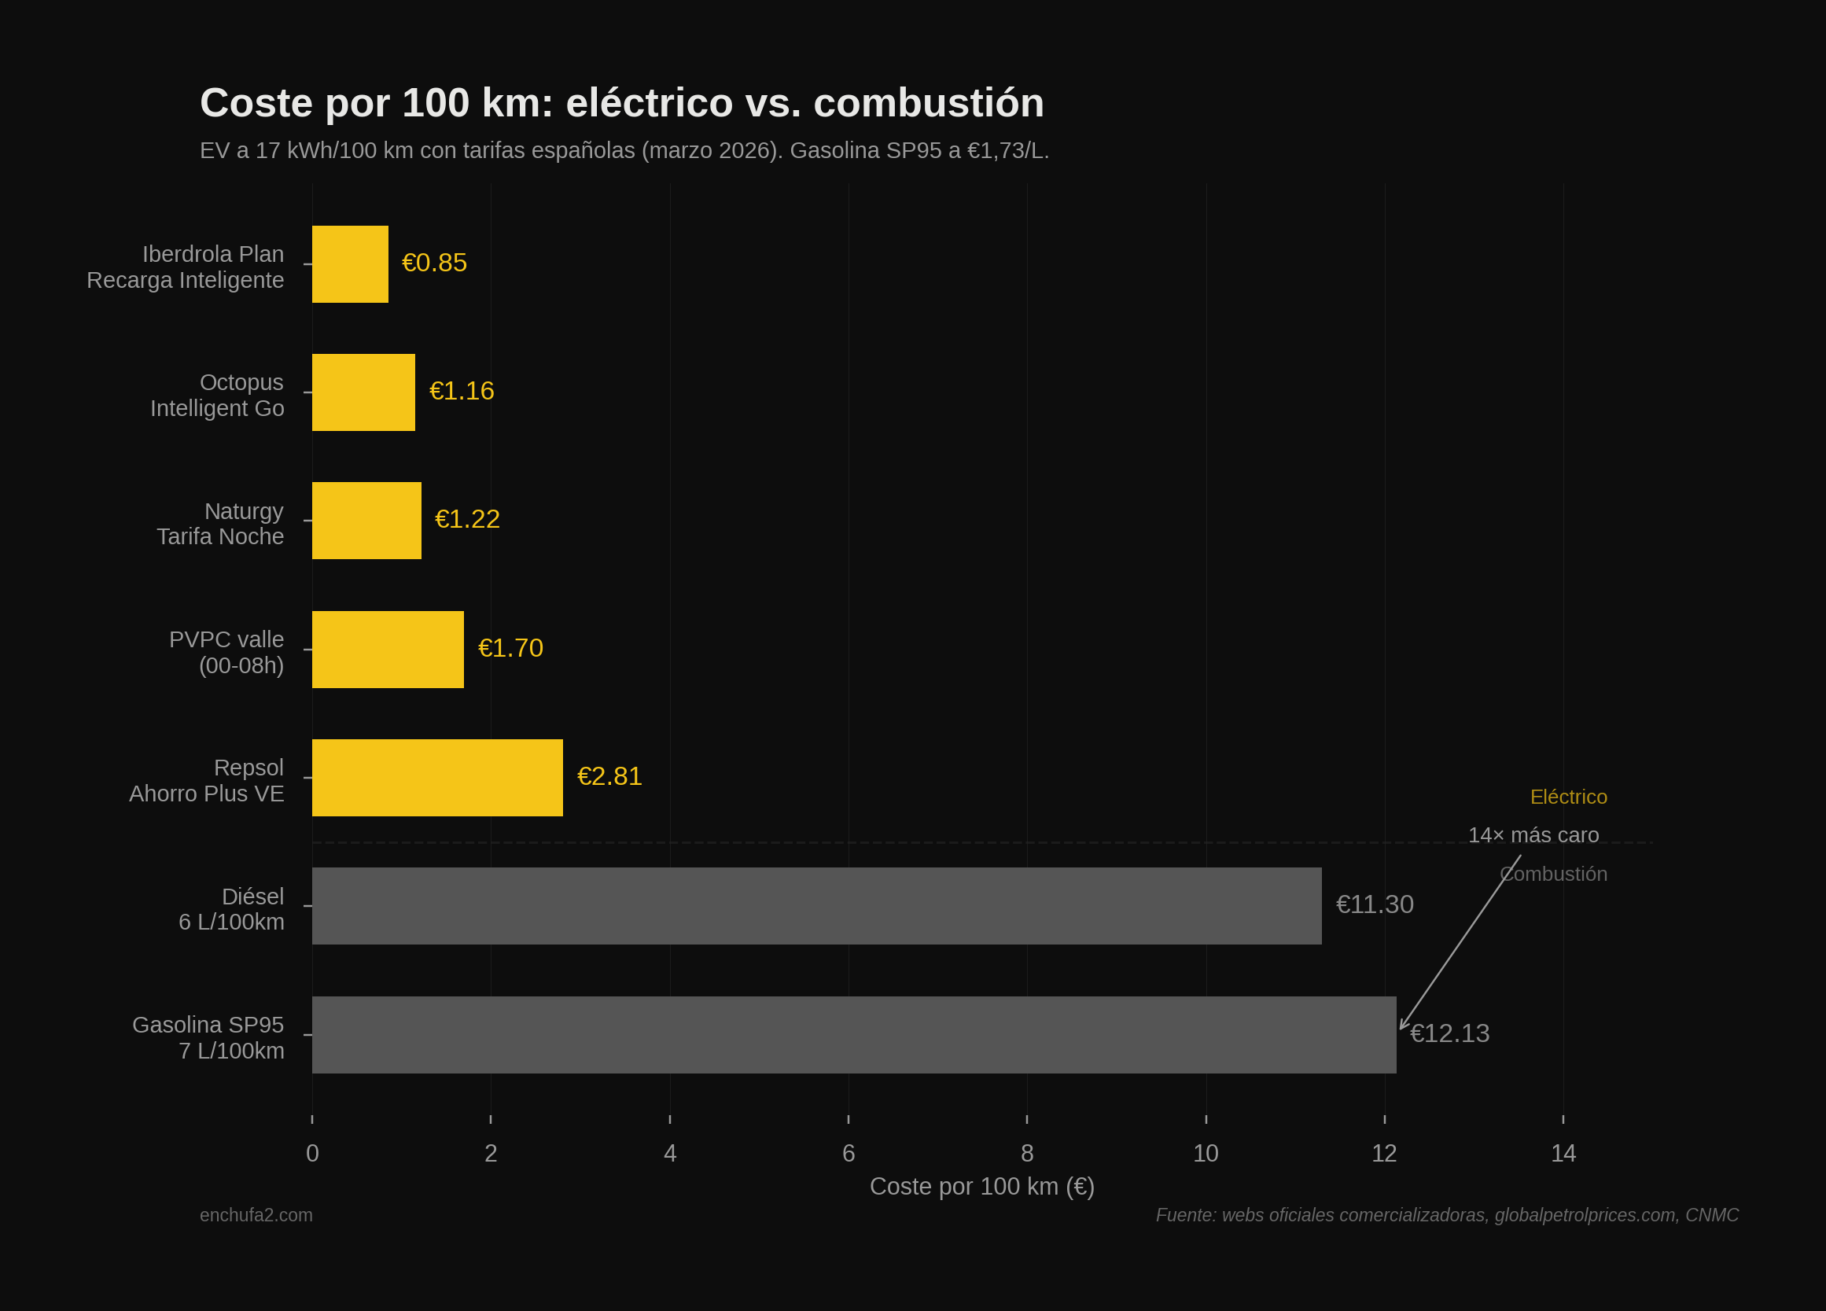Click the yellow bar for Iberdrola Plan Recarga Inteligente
349,264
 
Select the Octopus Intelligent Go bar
363,392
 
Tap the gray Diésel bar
816,906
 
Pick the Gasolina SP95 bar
853,1035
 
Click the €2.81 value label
609,776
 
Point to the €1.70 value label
510,648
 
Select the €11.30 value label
1375,905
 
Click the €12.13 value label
1450,1034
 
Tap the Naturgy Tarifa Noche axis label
220,524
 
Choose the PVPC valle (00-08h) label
226,652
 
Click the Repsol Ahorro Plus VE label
207,780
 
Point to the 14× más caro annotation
1533,835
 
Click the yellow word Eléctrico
1567,797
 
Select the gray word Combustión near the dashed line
1553,875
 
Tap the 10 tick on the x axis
1206,1153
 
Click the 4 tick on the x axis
670,1153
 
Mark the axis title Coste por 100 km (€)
981,1186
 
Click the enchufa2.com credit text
256,1215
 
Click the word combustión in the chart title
928,104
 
